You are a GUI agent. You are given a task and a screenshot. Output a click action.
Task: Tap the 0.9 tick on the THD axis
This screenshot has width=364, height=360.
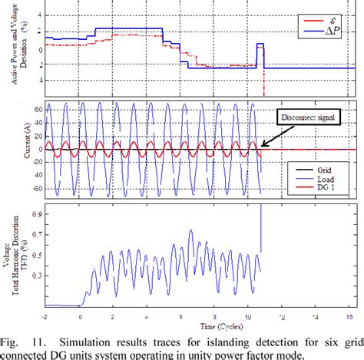38,216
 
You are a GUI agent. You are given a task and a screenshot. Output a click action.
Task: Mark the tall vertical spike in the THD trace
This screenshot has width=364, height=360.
261,226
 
